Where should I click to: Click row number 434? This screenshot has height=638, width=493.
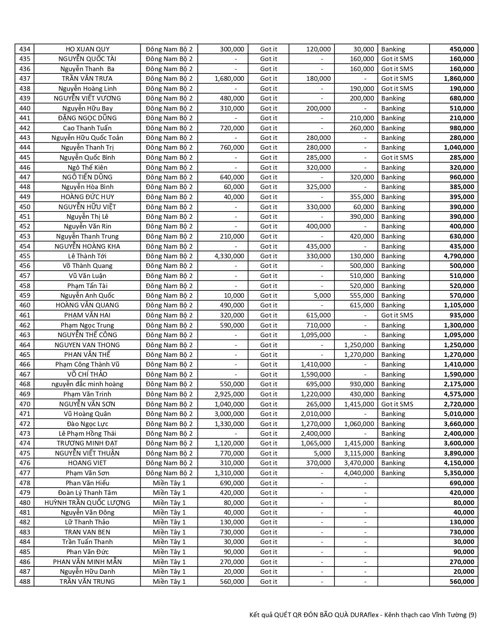[24, 49]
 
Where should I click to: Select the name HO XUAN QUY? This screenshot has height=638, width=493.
[87, 49]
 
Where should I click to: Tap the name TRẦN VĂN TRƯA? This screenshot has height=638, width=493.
[87, 78]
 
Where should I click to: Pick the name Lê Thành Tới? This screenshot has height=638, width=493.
[87, 256]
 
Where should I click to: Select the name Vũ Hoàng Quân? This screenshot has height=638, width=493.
[87, 414]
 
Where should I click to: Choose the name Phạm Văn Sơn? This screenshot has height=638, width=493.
[87, 473]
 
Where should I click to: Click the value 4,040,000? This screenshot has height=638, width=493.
[359, 473]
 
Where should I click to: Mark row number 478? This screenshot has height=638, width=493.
[24, 483]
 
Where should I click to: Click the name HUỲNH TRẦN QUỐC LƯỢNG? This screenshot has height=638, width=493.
[87, 503]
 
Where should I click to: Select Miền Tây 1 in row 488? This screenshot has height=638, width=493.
[169, 582]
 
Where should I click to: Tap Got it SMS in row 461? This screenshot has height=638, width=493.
[397, 315]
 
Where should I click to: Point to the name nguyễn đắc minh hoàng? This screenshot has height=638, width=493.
[87, 384]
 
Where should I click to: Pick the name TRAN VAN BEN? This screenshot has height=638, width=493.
[87, 532]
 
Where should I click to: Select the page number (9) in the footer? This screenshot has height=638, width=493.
[472, 615]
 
